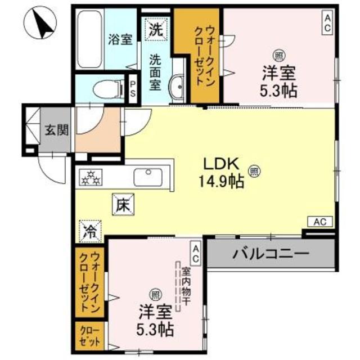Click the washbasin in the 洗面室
[177, 88]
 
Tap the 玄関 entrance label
[56, 130]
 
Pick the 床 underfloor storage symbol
[123, 205]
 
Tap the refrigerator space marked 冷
[89, 229]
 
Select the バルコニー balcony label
[271, 254]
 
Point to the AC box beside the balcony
[319, 222]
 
